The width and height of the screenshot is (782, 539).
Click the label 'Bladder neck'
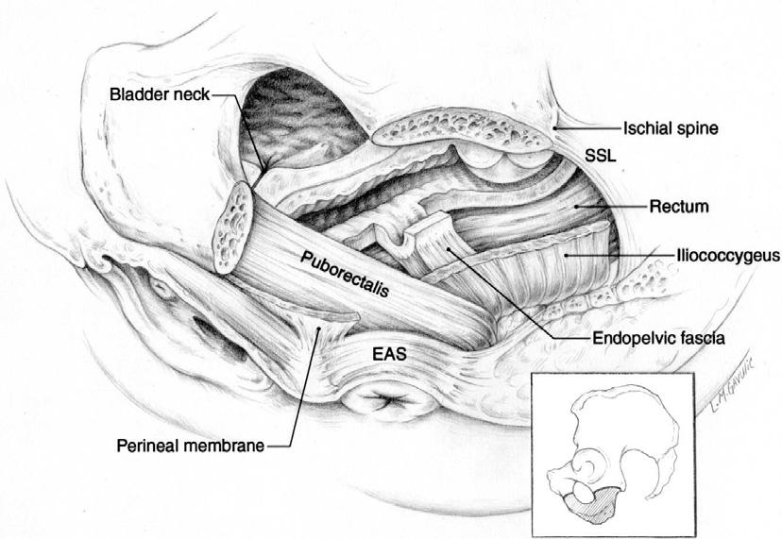coord(158,94)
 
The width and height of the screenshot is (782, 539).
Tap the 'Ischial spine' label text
coord(669,128)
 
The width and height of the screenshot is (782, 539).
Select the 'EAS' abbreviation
coord(383,357)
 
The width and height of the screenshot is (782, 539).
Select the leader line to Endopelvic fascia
coord(501,292)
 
